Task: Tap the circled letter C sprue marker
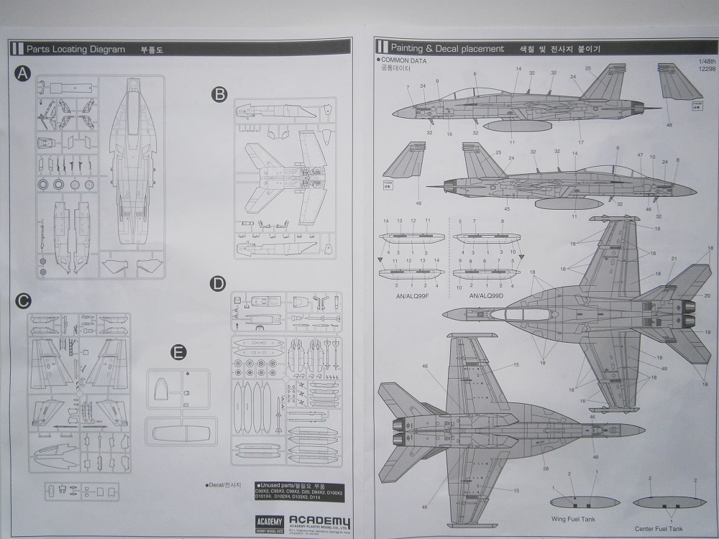pyautogui.click(x=23, y=300)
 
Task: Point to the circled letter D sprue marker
pyautogui.click(x=217, y=284)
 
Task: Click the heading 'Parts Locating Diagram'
pyautogui.click(x=75, y=50)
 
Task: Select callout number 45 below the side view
pyautogui.click(x=507, y=209)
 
